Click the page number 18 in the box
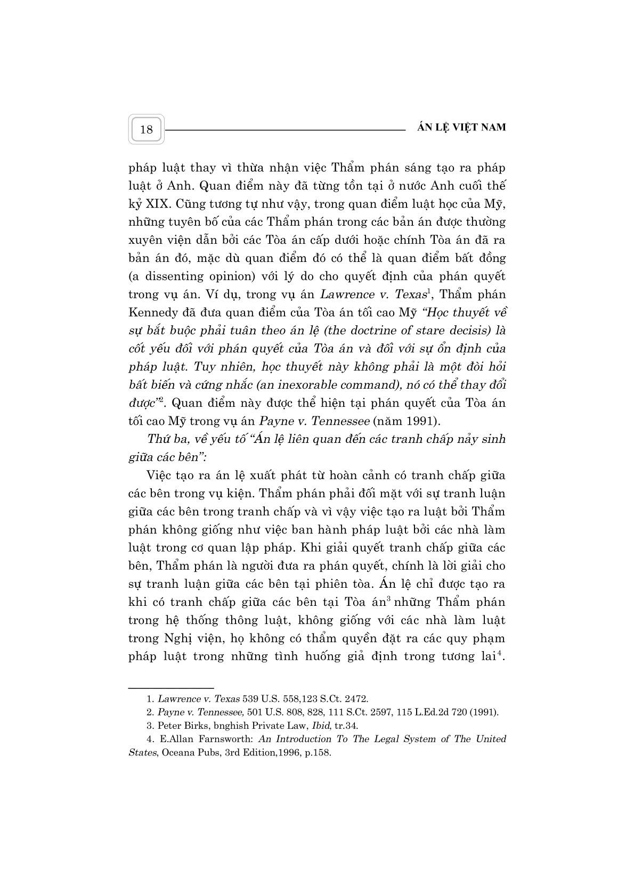click(x=146, y=129)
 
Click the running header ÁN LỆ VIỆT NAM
click(x=460, y=127)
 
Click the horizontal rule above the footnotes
click(x=171, y=688)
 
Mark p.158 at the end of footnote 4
click(x=318, y=753)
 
